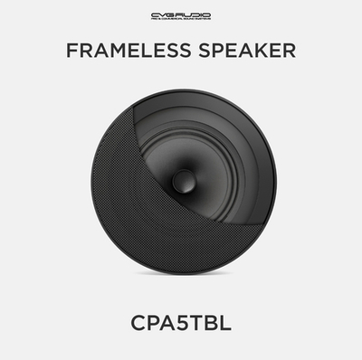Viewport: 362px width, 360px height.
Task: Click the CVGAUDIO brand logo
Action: click(180, 14)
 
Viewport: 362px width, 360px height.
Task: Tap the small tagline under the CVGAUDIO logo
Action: click(180, 21)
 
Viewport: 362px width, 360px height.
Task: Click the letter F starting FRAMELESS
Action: click(71, 51)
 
